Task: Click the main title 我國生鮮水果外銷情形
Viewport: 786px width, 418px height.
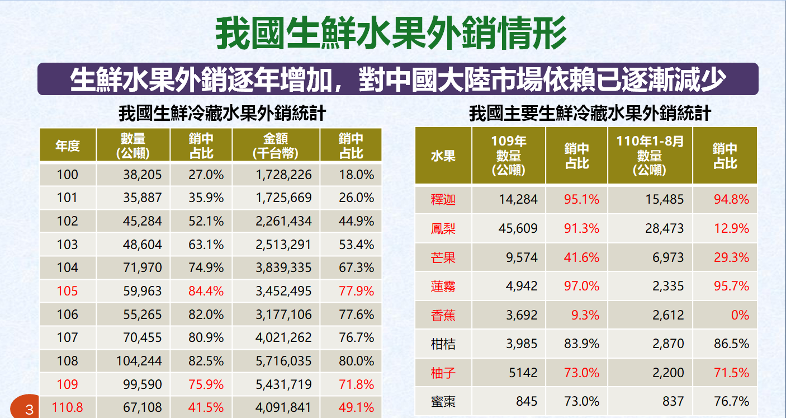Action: coord(391,33)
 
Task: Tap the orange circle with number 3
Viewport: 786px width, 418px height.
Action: coord(25,407)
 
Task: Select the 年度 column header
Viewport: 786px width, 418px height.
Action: coord(68,145)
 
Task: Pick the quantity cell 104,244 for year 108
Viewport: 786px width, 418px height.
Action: coord(139,361)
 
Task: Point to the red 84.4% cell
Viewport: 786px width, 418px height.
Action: coord(206,291)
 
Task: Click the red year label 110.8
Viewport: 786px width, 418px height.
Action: coord(68,407)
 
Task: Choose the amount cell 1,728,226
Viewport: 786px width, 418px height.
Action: coord(283,175)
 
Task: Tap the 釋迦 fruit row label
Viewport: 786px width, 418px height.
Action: coord(443,200)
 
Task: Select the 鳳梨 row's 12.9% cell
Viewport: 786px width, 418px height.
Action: coord(732,229)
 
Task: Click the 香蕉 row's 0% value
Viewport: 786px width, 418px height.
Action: coord(740,315)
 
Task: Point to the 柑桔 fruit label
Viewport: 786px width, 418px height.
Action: coord(443,344)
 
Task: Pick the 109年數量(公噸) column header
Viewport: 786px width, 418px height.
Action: coord(509,156)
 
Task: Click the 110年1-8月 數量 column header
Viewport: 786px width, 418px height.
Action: coord(650,156)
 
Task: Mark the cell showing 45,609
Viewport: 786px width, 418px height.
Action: coord(518,229)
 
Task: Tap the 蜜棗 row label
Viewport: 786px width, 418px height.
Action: coord(443,401)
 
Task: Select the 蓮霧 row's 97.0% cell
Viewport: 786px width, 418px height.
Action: coord(582,287)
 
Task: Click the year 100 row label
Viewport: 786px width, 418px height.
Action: coord(68,175)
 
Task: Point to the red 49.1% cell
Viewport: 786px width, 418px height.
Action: coord(357,407)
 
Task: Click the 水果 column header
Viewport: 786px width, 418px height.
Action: coord(443,156)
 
